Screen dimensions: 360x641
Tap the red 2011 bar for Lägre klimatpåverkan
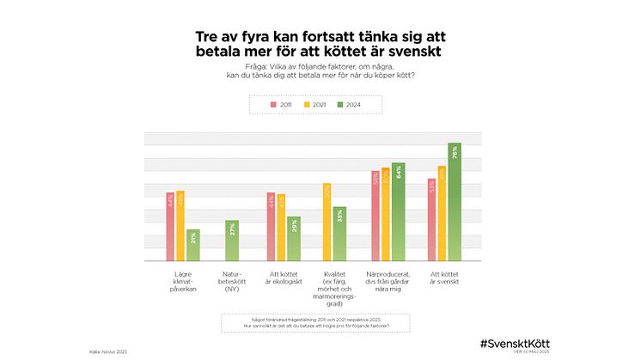(x=171, y=227)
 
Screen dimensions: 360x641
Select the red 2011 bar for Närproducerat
(x=375, y=216)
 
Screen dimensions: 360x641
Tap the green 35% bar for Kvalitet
(x=339, y=234)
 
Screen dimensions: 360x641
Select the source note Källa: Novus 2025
(x=107, y=351)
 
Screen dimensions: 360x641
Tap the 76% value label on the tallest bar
(x=454, y=152)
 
